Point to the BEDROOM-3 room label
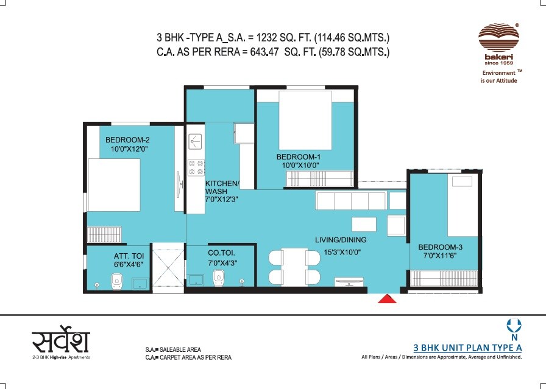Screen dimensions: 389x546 440,247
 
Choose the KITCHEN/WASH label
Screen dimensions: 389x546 222,184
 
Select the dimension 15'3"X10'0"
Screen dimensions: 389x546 338,251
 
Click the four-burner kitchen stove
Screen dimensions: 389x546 196,167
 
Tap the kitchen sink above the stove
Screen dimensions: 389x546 195,142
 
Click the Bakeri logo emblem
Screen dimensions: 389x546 498,38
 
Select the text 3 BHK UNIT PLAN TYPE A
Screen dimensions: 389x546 468,348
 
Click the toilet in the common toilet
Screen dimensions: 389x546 219,277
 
